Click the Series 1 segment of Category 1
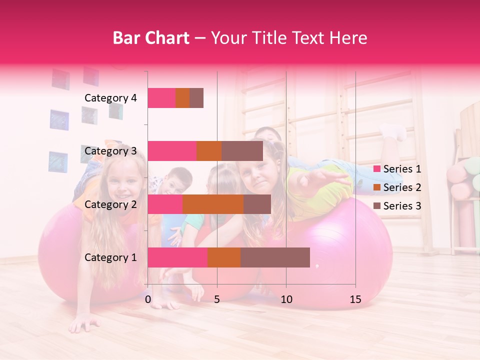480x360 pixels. (177, 257)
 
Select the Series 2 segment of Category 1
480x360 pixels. (224, 257)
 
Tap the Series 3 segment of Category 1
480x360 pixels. (275, 257)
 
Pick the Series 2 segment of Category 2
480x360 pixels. (213, 204)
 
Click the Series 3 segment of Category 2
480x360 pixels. (257, 204)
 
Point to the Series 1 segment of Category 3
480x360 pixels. (172, 151)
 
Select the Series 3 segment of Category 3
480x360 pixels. (242, 151)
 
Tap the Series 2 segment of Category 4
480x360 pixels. (182, 98)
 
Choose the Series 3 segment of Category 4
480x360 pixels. (196, 98)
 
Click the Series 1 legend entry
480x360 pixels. (397, 169)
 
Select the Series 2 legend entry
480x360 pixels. (397, 187)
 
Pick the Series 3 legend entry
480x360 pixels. (397, 206)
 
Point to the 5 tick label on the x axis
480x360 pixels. (217, 299)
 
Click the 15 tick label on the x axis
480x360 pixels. (355, 299)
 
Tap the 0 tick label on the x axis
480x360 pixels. (148, 299)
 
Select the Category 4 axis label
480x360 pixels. (110, 98)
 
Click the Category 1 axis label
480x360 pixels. (110, 257)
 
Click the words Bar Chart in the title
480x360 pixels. (151, 37)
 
